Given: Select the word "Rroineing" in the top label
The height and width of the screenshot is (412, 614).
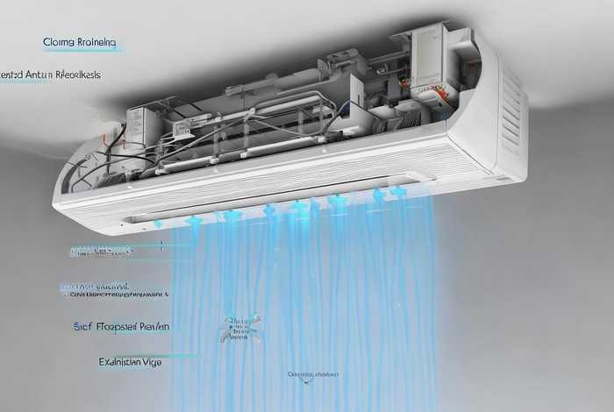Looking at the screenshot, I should (x=96, y=41).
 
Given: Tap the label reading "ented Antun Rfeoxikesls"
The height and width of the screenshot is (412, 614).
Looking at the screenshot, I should (x=50, y=75).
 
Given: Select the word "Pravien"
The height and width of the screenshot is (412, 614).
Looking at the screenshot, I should (x=156, y=326).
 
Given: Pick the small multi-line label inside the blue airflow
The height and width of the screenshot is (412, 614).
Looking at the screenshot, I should (x=239, y=329).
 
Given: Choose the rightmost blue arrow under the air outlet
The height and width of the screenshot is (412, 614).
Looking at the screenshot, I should (x=399, y=192).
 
